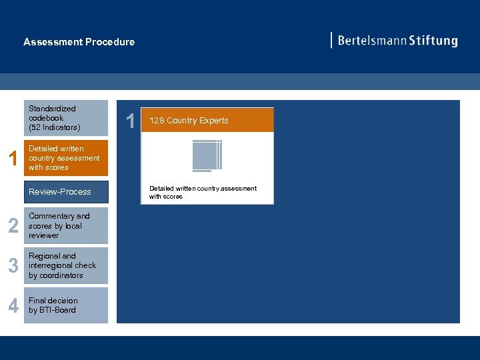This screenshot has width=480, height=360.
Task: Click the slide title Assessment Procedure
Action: click(79, 42)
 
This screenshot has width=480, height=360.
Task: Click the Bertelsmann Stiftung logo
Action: click(395, 41)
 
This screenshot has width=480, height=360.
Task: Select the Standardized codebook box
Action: click(65, 118)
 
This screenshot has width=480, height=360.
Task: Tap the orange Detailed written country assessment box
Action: click(65, 158)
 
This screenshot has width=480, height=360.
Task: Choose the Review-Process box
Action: click(65, 192)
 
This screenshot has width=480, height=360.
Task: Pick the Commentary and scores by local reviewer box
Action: click(65, 225)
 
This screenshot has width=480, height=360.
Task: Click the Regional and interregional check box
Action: click(65, 265)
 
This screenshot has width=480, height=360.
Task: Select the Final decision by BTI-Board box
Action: click(65, 305)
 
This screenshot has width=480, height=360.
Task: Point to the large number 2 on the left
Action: click(13, 226)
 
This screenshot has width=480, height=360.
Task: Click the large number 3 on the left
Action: click(13, 266)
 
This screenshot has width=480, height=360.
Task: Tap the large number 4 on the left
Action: click(13, 306)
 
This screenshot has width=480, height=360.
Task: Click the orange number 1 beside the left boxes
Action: click(11, 159)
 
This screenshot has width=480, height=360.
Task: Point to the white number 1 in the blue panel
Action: click(131, 121)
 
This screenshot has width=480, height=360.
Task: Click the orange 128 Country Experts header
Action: click(207, 121)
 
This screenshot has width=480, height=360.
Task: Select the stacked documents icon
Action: click(207, 156)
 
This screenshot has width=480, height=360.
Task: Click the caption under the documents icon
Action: click(203, 193)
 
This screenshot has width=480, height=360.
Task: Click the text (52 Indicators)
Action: click(54, 127)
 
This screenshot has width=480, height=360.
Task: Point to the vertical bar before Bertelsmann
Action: click(331, 40)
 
